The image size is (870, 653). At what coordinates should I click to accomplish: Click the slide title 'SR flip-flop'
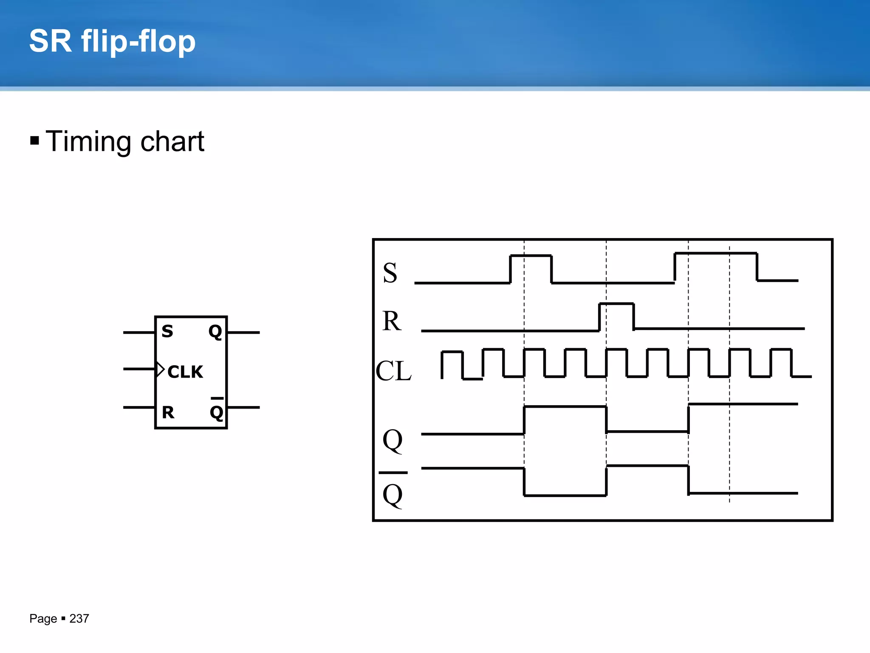click(x=112, y=42)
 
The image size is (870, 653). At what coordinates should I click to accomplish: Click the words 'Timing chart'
click(x=125, y=141)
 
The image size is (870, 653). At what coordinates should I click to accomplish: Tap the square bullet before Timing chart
click(x=35, y=140)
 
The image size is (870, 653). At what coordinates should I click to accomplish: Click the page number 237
click(x=79, y=619)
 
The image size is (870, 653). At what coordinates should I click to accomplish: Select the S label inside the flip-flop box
click(x=167, y=331)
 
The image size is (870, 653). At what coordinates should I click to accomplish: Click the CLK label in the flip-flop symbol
click(x=185, y=372)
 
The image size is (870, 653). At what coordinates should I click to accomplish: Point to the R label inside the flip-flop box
click(x=168, y=412)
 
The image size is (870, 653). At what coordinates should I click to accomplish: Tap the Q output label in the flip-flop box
click(x=215, y=331)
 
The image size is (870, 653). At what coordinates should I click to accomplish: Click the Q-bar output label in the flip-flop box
click(x=217, y=411)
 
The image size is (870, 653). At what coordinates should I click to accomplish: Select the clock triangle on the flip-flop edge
click(x=160, y=369)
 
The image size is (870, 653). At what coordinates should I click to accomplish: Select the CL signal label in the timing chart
click(x=393, y=371)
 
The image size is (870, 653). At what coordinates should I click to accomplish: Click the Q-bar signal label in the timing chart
click(x=393, y=493)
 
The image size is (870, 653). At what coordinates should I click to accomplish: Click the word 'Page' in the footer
click(x=43, y=619)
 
